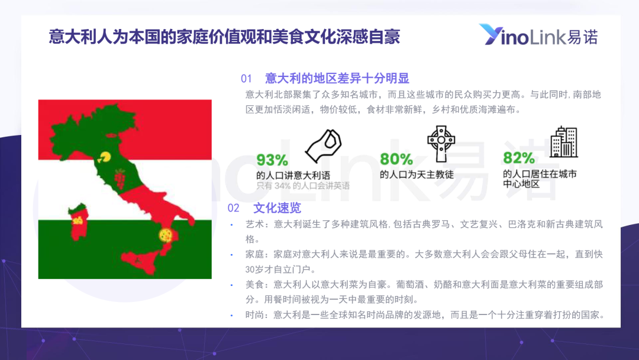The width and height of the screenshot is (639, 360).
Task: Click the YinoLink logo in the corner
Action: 538,35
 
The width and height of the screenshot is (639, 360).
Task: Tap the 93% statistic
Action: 272,160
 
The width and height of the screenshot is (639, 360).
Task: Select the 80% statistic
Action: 396,159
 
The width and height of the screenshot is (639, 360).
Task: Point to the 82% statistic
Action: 519,157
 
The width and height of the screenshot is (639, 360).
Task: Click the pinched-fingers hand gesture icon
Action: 324,146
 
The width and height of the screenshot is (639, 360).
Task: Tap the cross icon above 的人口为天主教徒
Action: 441,143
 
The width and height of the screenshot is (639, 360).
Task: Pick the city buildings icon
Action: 564,142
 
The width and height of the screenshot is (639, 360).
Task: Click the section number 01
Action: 246,78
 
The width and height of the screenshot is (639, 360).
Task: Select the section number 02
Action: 233,208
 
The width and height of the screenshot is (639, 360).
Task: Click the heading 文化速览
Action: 277,208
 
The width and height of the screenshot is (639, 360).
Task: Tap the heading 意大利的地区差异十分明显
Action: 337,78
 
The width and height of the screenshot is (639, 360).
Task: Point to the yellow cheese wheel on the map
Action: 105,157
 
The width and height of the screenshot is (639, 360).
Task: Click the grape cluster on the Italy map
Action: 120,179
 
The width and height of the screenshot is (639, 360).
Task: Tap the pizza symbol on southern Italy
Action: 166,235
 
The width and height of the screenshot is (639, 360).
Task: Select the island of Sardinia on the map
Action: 78,222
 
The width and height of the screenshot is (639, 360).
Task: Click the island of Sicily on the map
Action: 140,261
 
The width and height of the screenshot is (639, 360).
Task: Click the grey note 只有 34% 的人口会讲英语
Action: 303,186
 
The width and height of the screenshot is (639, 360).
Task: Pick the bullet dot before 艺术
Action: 232,224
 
